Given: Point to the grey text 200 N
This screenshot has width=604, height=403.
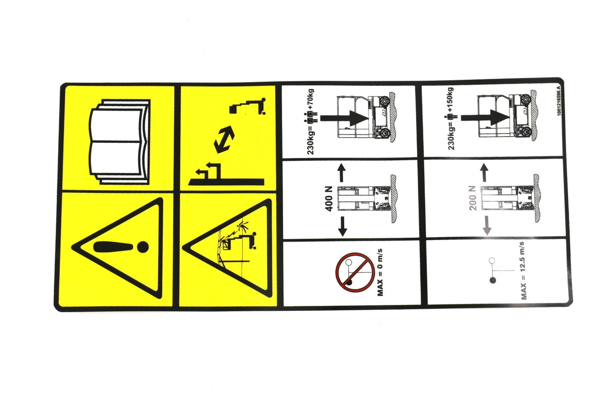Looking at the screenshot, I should coord(473,198).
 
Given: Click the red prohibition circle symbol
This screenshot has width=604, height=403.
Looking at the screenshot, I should coord(354,271).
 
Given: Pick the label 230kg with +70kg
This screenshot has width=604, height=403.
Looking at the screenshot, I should coord(311,122).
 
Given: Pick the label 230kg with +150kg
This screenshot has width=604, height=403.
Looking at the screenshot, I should coord(451,120).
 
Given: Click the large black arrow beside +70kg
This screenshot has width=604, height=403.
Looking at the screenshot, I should coord(345,118).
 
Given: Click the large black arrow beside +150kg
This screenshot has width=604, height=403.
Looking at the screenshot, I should coord(485,118).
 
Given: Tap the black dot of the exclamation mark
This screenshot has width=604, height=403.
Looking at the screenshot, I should coord(143,246).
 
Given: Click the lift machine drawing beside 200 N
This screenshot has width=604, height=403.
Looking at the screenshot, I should coord(507,197).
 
